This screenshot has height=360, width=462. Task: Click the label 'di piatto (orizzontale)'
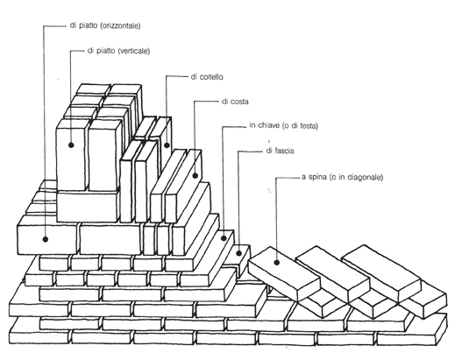coord(105,26)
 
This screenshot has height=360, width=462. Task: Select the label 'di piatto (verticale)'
coord(118,51)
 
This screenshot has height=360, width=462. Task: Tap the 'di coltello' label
coord(207,77)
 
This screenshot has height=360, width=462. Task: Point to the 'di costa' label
coord(235,102)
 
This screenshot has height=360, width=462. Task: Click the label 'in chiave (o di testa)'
coord(284,125)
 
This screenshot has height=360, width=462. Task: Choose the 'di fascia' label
coord(280,151)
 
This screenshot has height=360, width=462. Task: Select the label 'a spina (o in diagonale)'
coord(342,177)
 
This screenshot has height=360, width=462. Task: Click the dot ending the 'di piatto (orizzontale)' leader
coord(45,239)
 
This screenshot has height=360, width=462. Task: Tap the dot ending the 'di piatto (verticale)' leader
coord(71,145)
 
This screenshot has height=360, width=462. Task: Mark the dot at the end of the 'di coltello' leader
coord(167,145)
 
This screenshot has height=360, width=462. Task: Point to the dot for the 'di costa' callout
coord(195,176)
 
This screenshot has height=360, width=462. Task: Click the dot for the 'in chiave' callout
coord(224,238)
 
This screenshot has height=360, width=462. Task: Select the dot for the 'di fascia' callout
coord(239,253)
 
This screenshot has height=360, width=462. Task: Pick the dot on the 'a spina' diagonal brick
coord(277,262)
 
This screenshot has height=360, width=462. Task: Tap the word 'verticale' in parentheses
coord(134,51)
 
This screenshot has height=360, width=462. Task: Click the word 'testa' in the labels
coord(309,126)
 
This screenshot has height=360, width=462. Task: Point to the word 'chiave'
coord(268,125)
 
